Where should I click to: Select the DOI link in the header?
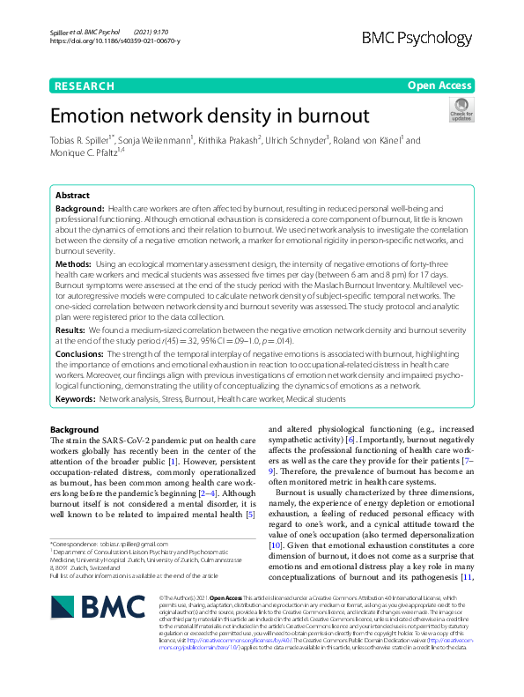[x=115, y=41]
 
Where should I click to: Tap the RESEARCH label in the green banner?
[x=84, y=85]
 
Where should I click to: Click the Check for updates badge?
[x=461, y=110]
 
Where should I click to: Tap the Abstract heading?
[x=72, y=195]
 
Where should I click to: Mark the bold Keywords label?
[x=75, y=399]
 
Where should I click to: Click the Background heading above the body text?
[x=75, y=430]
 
